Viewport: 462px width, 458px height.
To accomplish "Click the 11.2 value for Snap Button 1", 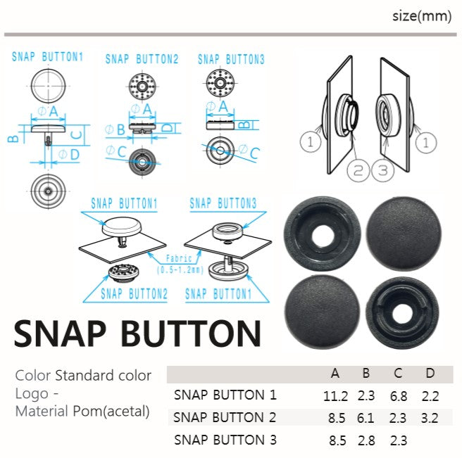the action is click(x=335, y=396).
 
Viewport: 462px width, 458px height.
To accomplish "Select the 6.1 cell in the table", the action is click(x=366, y=418).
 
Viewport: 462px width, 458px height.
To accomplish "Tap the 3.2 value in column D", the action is click(x=430, y=418).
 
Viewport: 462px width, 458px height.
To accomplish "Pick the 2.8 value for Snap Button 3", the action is click(x=366, y=440).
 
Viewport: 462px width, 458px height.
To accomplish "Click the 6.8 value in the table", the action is click(x=399, y=396).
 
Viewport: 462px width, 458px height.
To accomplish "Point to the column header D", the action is click(x=430, y=374).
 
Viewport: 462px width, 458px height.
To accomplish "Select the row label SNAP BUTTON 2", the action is click(x=225, y=417).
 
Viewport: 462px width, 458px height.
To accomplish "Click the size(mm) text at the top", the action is click(x=422, y=16).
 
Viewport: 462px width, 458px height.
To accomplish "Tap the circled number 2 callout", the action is click(x=358, y=170).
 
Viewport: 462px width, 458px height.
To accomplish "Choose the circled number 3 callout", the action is click(x=382, y=170).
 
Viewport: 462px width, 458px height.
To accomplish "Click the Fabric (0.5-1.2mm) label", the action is click(x=180, y=264).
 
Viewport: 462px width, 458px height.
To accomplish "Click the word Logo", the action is click(x=32, y=394).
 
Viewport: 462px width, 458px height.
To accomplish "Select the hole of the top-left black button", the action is click(x=323, y=236).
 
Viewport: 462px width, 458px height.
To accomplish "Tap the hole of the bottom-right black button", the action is click(x=402, y=314).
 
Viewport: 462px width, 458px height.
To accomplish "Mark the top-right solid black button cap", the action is click(x=404, y=234).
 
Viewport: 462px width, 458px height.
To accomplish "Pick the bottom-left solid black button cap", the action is click(x=323, y=312).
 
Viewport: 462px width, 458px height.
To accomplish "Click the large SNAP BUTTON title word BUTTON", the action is click(x=191, y=333).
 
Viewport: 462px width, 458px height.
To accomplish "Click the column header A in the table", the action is click(x=335, y=374).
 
